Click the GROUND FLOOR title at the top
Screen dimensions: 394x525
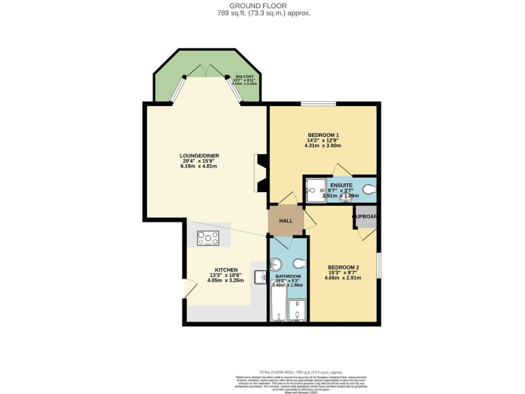263,5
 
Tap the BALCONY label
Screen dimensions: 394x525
245,76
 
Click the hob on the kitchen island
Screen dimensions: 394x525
208,237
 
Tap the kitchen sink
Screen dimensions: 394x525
260,277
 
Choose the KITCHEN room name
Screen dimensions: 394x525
226,270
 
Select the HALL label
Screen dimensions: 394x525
285,221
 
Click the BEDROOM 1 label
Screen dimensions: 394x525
323,133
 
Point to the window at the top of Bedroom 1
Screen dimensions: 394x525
319,104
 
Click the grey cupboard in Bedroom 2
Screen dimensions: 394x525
365,217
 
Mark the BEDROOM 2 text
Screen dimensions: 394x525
343,267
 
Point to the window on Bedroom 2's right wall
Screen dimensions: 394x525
378,265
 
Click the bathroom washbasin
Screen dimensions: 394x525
276,265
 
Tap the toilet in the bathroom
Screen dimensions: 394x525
299,263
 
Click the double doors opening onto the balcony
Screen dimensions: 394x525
207,70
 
